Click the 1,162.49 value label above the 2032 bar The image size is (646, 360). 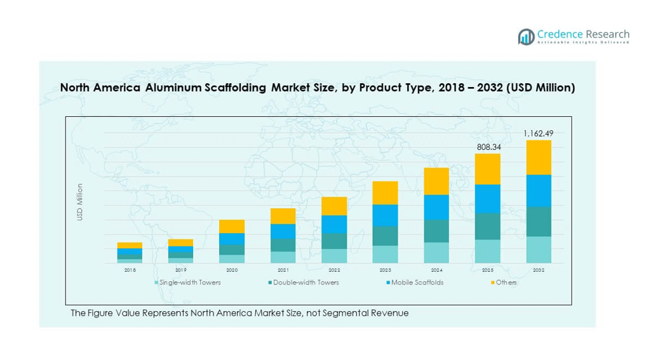click(538, 133)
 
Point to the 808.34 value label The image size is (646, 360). click(488, 147)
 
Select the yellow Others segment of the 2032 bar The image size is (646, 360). click(539, 157)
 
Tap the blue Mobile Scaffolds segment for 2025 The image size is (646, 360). click(488, 199)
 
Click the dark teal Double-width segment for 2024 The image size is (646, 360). click(436, 231)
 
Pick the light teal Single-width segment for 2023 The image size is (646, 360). click(385, 254)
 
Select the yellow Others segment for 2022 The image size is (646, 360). click(334, 206)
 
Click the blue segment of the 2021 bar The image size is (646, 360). click(283, 231)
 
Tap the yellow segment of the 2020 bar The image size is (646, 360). click(232, 226)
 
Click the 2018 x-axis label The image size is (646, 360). click(130, 270)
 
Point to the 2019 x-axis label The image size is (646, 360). click(181, 270)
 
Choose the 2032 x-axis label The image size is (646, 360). click(539, 270)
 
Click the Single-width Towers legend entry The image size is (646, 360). click(189, 283)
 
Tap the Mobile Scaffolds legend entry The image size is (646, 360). click(417, 283)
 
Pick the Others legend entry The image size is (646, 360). click(506, 283)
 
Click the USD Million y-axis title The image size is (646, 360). click(80, 202)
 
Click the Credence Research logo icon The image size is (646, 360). click(526, 37)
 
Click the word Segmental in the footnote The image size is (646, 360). click(347, 313)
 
